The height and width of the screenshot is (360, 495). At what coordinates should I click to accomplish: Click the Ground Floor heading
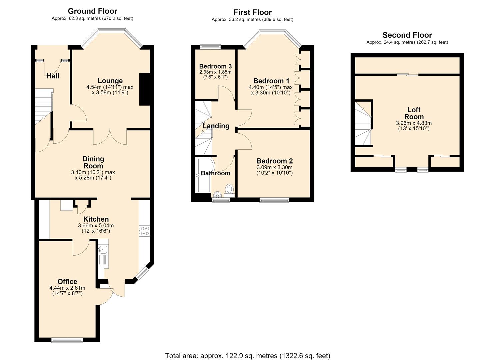tap(92, 11)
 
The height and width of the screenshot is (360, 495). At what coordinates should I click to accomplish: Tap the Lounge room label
tap(110, 81)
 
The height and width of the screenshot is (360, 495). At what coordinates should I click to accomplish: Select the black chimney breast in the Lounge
tap(145, 89)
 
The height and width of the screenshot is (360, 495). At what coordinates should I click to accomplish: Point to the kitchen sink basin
tap(103, 250)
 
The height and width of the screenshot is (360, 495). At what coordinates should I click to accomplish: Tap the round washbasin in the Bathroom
tap(218, 194)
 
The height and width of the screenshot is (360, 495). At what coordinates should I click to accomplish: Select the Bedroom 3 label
tap(215, 66)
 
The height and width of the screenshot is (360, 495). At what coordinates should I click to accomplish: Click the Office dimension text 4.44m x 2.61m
tap(67, 288)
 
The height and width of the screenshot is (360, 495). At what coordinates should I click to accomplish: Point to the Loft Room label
tap(414, 113)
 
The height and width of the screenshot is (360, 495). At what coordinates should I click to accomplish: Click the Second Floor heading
tap(407, 35)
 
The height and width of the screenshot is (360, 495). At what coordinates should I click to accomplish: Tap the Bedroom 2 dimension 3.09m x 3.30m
tap(274, 167)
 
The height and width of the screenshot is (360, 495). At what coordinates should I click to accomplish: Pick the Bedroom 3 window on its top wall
tap(210, 46)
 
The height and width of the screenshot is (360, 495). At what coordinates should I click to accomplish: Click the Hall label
tap(53, 76)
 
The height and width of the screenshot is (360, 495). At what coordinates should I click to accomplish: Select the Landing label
tap(216, 126)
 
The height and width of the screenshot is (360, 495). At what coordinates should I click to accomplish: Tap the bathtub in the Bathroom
tap(205, 176)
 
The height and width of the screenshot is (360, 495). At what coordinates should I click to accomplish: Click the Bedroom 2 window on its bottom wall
tap(274, 200)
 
